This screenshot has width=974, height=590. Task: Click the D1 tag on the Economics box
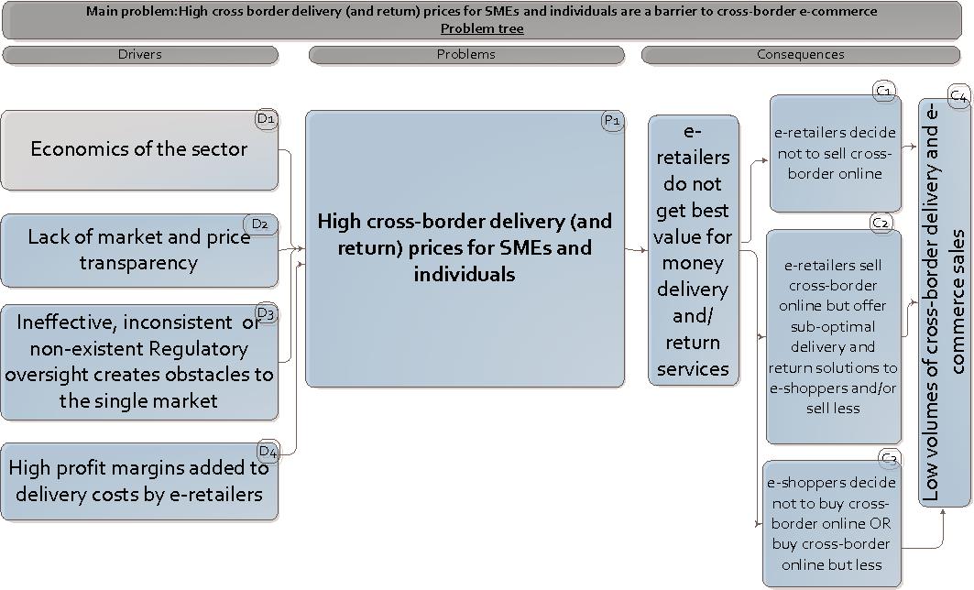click(265, 119)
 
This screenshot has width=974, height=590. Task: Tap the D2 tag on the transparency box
click(259, 224)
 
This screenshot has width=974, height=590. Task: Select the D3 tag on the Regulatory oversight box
click(266, 314)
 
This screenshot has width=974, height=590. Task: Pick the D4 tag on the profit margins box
click(267, 451)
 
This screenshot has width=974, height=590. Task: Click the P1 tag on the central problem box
click(612, 121)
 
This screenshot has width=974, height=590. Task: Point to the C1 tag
click(884, 91)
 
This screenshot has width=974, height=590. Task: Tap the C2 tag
click(881, 223)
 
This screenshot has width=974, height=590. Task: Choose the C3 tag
click(889, 458)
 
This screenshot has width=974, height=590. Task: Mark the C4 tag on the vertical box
click(958, 95)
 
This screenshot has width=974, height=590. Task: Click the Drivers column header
click(140, 55)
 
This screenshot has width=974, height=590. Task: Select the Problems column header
click(466, 55)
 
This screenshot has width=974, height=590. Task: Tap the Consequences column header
click(801, 55)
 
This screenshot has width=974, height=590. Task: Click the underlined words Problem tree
click(482, 28)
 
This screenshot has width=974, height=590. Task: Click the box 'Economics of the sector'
click(139, 150)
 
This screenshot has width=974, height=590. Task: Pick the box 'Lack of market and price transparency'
click(139, 250)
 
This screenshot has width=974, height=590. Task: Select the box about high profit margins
click(139, 482)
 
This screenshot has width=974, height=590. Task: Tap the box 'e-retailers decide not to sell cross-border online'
click(835, 153)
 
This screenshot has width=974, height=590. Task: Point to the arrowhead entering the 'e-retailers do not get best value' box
click(644, 249)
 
